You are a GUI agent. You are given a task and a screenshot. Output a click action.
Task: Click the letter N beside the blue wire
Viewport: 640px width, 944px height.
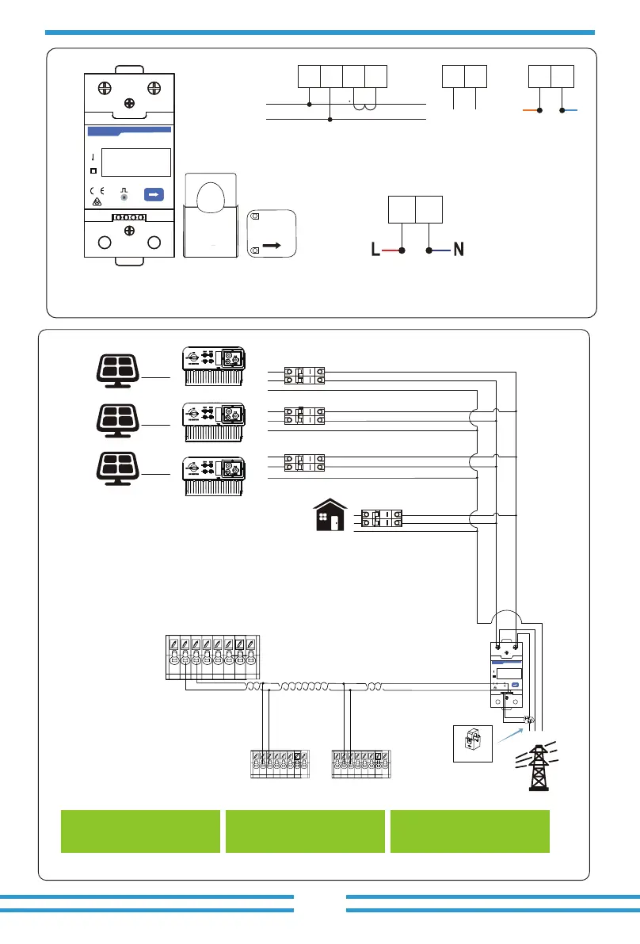coord(457,250)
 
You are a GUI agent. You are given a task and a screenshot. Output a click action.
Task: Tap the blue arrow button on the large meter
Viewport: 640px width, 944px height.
coord(154,194)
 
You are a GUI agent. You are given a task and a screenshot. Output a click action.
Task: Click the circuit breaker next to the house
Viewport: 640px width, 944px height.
coord(381,518)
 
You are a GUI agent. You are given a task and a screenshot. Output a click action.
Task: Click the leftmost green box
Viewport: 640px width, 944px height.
coord(140,831)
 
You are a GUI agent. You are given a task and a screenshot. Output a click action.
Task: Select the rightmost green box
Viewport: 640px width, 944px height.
coord(470,831)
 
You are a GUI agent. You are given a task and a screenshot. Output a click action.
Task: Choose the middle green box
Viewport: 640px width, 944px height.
coord(305,831)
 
